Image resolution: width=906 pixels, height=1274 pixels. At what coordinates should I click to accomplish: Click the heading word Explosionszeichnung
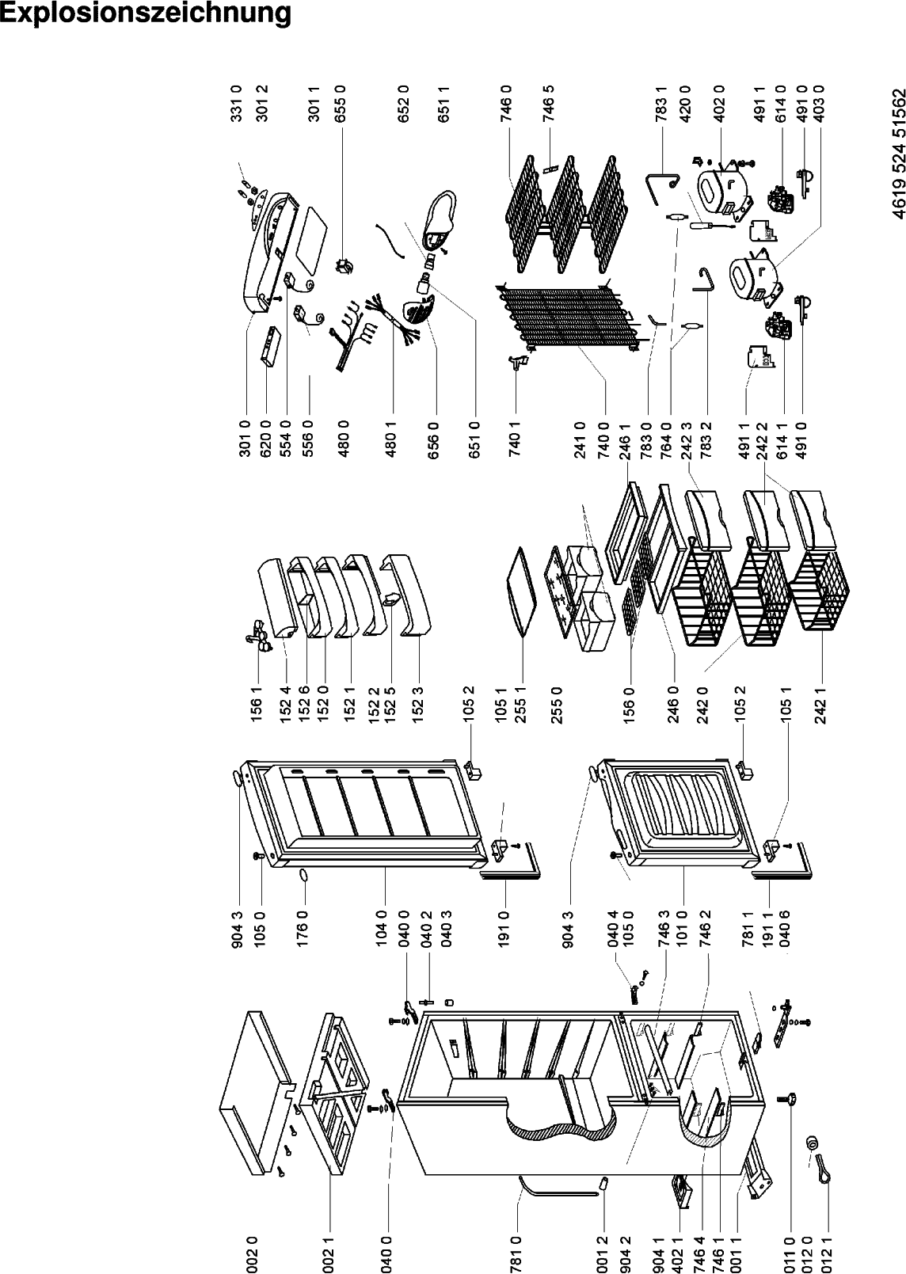pyautogui.click(x=146, y=13)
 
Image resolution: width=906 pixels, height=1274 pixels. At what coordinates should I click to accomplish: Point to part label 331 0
pyautogui.click(x=237, y=104)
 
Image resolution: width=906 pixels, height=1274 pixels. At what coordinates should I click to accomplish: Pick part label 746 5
pyautogui.click(x=549, y=104)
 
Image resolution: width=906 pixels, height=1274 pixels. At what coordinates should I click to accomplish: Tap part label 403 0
pyautogui.click(x=819, y=104)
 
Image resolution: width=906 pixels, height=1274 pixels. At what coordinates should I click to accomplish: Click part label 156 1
pyautogui.click(x=257, y=703)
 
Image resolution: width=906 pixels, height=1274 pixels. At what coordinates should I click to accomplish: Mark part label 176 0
pyautogui.click(x=302, y=930)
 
